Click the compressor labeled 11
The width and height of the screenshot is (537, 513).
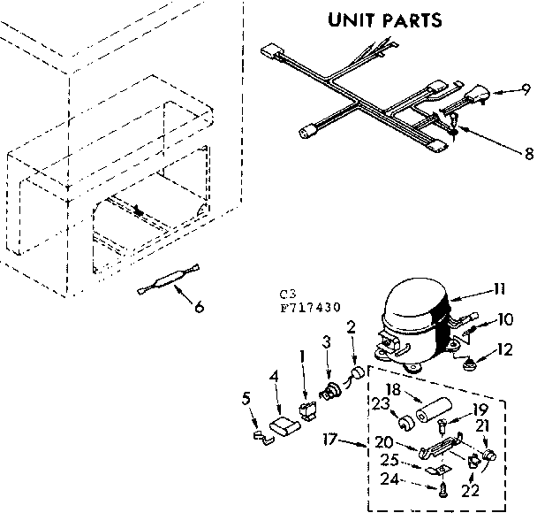point(413,324)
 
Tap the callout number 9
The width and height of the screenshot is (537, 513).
point(525,89)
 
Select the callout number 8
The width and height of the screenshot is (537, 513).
point(528,153)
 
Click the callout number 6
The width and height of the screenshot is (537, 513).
point(199,307)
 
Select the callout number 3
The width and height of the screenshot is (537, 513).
point(326,341)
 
